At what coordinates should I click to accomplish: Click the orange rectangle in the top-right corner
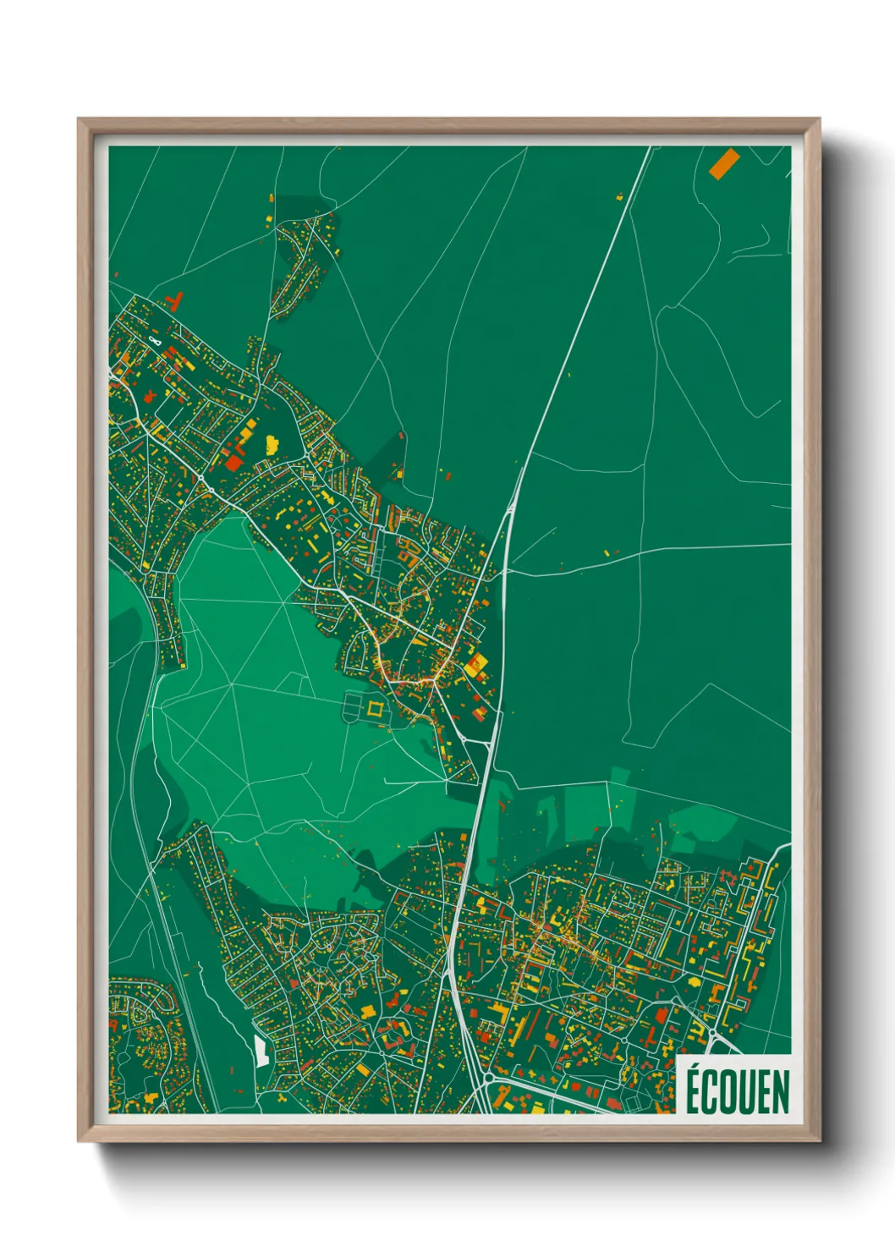pos(724,163)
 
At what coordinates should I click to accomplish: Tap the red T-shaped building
pos(175,301)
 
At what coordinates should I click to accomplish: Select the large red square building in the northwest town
pos(233,462)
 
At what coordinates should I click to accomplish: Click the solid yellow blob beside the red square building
pos(272,443)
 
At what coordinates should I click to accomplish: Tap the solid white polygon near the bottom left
pos(261,1050)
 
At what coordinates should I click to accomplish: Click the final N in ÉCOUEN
pos(782,1092)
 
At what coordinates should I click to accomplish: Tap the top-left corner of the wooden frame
pos(79,119)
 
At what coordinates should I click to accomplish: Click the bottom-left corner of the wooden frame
pos(79,1141)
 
